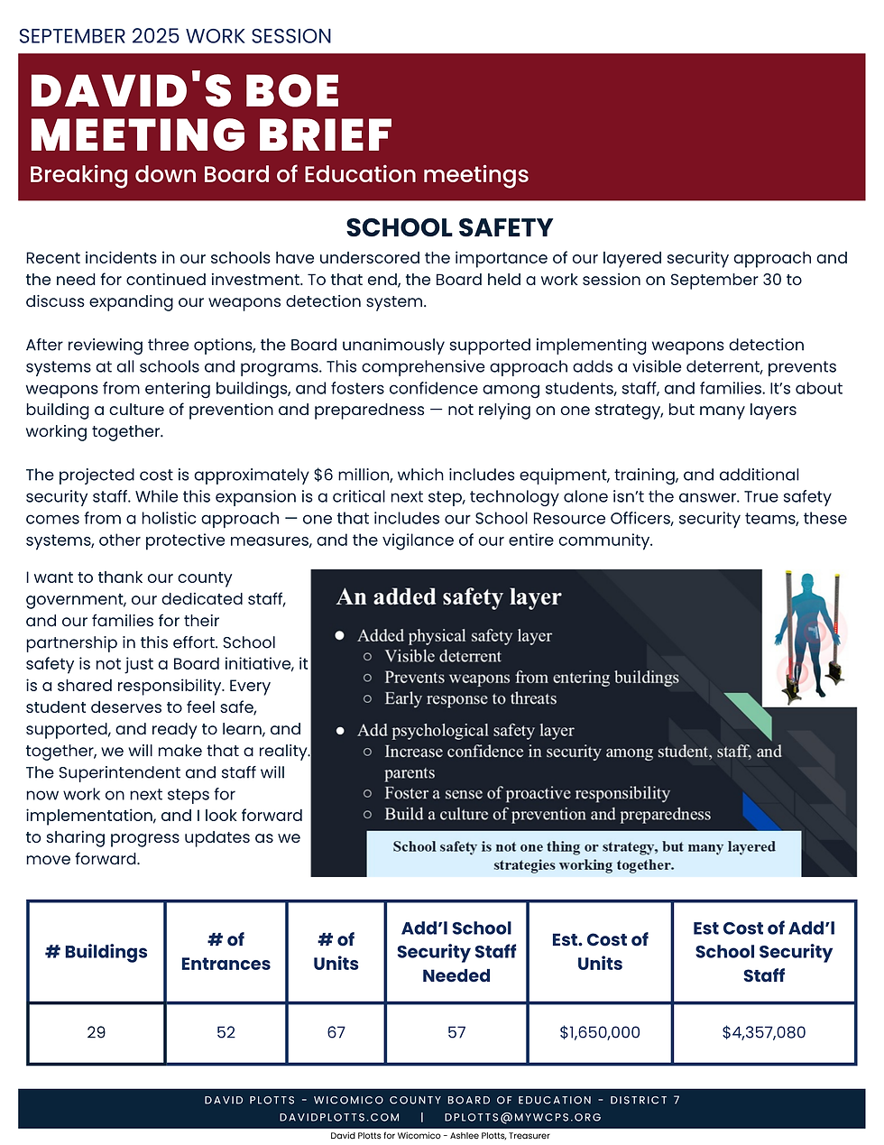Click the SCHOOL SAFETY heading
click(449, 227)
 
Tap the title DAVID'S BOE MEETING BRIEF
click(211, 113)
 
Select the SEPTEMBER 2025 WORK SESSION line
click(175, 36)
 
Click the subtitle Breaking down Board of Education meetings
click(279, 174)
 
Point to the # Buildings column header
click(97, 952)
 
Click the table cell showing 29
click(97, 1032)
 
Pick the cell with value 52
click(226, 1032)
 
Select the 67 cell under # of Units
click(336, 1032)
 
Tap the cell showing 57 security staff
click(456, 1032)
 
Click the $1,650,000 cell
click(600, 1032)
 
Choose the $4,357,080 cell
click(763, 1032)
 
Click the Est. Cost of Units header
click(600, 952)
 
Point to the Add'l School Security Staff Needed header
click(456, 952)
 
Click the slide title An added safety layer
click(448, 597)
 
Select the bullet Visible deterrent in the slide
click(442, 656)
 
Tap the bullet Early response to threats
click(470, 698)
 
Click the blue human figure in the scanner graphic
click(810, 632)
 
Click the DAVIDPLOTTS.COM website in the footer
click(339, 1117)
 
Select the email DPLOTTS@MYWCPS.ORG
click(522, 1117)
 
